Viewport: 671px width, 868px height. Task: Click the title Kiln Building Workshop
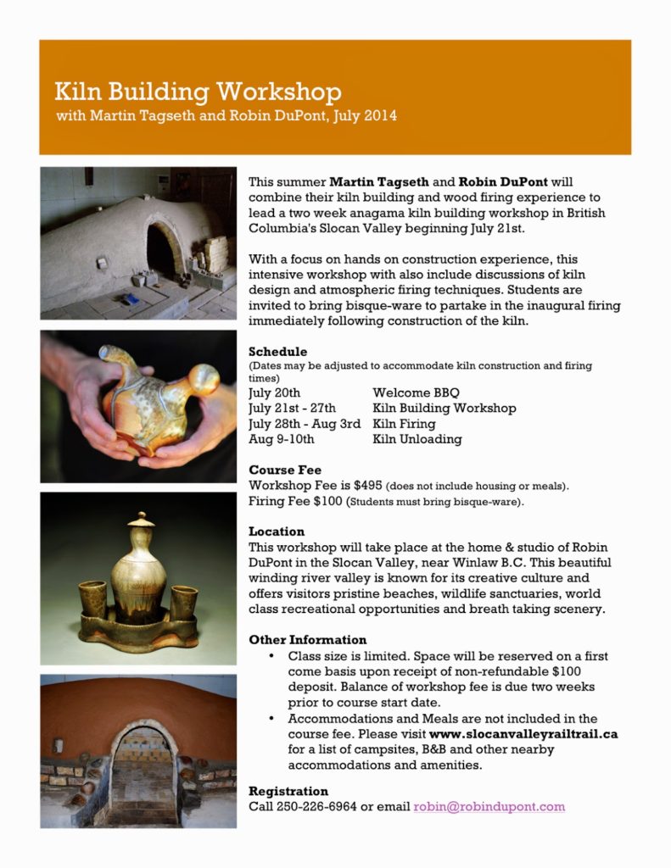(x=198, y=92)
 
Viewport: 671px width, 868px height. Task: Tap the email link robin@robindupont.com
(x=489, y=807)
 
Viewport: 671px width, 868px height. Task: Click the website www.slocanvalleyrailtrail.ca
(x=523, y=734)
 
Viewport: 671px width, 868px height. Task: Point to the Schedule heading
(x=277, y=352)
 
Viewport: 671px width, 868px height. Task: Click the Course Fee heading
(x=285, y=470)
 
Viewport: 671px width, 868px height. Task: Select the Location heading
(x=277, y=531)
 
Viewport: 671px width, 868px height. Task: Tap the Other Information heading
(x=307, y=640)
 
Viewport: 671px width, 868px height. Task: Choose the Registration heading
(x=288, y=791)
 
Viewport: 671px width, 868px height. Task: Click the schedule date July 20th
(x=274, y=392)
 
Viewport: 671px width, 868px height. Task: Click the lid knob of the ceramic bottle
(x=141, y=518)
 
